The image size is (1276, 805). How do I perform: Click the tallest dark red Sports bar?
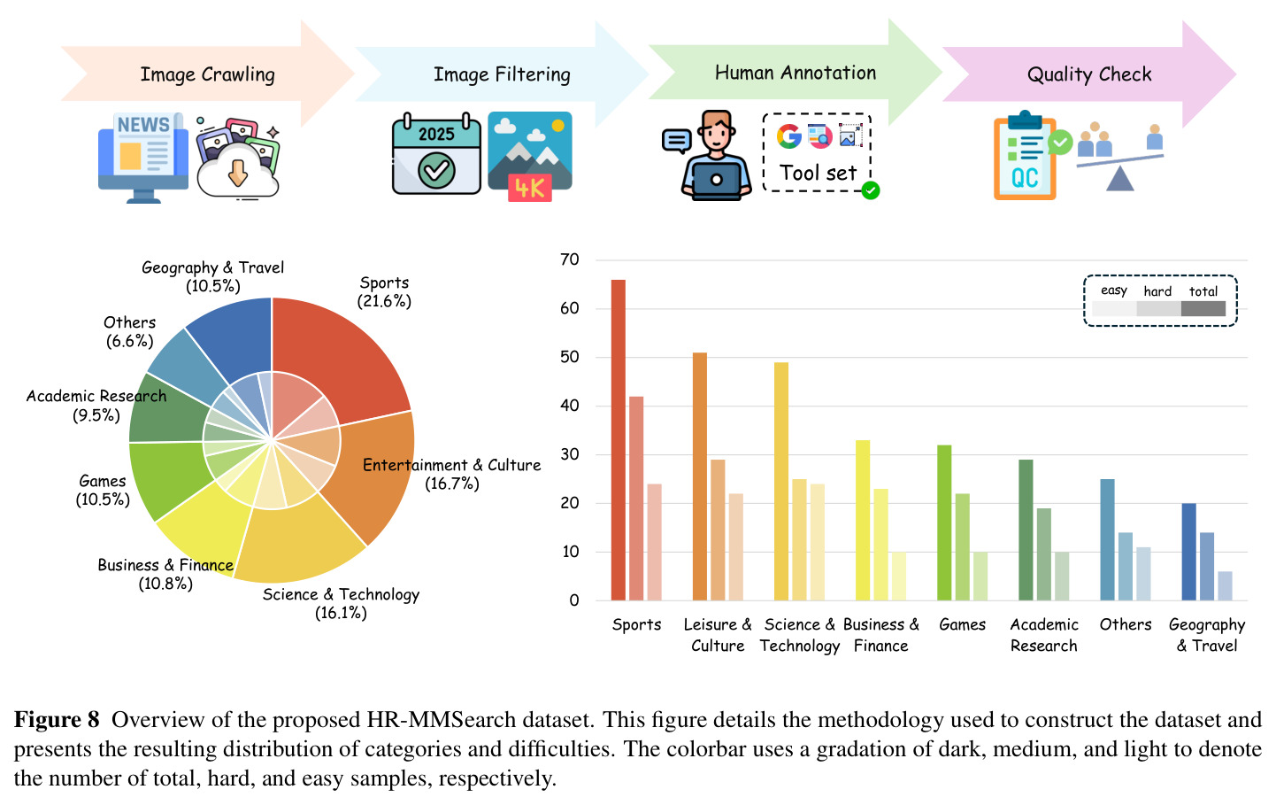pos(618,439)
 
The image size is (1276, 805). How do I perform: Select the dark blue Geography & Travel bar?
pos(1189,552)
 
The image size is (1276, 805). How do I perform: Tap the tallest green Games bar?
pos(944,522)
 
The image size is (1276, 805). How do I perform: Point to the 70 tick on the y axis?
pos(570,259)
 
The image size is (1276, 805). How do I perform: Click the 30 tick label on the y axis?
pos(570,454)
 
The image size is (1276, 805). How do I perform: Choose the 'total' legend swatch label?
pos(1203,291)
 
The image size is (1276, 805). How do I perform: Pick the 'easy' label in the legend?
pos(1114,290)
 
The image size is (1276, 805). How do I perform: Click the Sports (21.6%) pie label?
pos(385,292)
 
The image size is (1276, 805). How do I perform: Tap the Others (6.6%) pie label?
pos(129,332)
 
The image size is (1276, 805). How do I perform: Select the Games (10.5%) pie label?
pos(103,491)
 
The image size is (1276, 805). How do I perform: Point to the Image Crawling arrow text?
pos(208,74)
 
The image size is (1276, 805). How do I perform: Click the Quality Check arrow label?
pos(1089,74)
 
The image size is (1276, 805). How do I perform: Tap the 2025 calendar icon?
pos(436,153)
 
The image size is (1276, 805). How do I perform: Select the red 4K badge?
pos(530,188)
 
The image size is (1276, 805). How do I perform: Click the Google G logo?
pos(789,136)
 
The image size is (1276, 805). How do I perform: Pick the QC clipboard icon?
pos(1026,156)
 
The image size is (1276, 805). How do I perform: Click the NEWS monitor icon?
pos(143,158)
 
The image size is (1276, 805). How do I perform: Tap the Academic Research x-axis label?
pos(1043,635)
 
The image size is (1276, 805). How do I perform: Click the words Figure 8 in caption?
pos(57,719)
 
